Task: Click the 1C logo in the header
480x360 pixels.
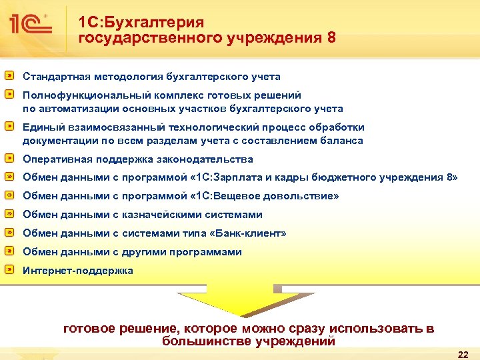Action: (31, 24)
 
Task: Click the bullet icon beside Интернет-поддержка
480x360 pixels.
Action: (9, 270)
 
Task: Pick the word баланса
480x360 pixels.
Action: (342, 140)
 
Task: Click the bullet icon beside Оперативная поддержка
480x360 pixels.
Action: (9, 159)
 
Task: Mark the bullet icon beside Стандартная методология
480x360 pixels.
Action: (9, 76)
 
